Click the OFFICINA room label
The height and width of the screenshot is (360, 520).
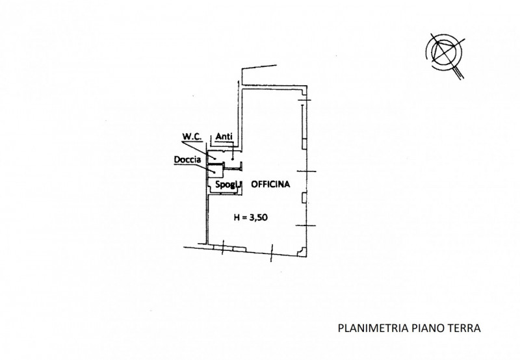[270, 185]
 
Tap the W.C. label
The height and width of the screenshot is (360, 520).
[192, 136]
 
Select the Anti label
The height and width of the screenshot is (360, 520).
[224, 136]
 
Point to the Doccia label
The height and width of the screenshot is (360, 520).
[187, 160]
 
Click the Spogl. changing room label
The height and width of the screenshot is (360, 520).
[227, 185]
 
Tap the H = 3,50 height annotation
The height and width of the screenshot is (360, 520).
[251, 218]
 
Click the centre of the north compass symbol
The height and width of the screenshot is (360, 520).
[444, 52]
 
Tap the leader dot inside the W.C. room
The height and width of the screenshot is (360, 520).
[215, 159]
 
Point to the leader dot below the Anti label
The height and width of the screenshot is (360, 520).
[233, 159]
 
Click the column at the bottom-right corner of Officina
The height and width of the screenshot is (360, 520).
[302, 252]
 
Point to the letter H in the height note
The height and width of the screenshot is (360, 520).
[237, 218]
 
